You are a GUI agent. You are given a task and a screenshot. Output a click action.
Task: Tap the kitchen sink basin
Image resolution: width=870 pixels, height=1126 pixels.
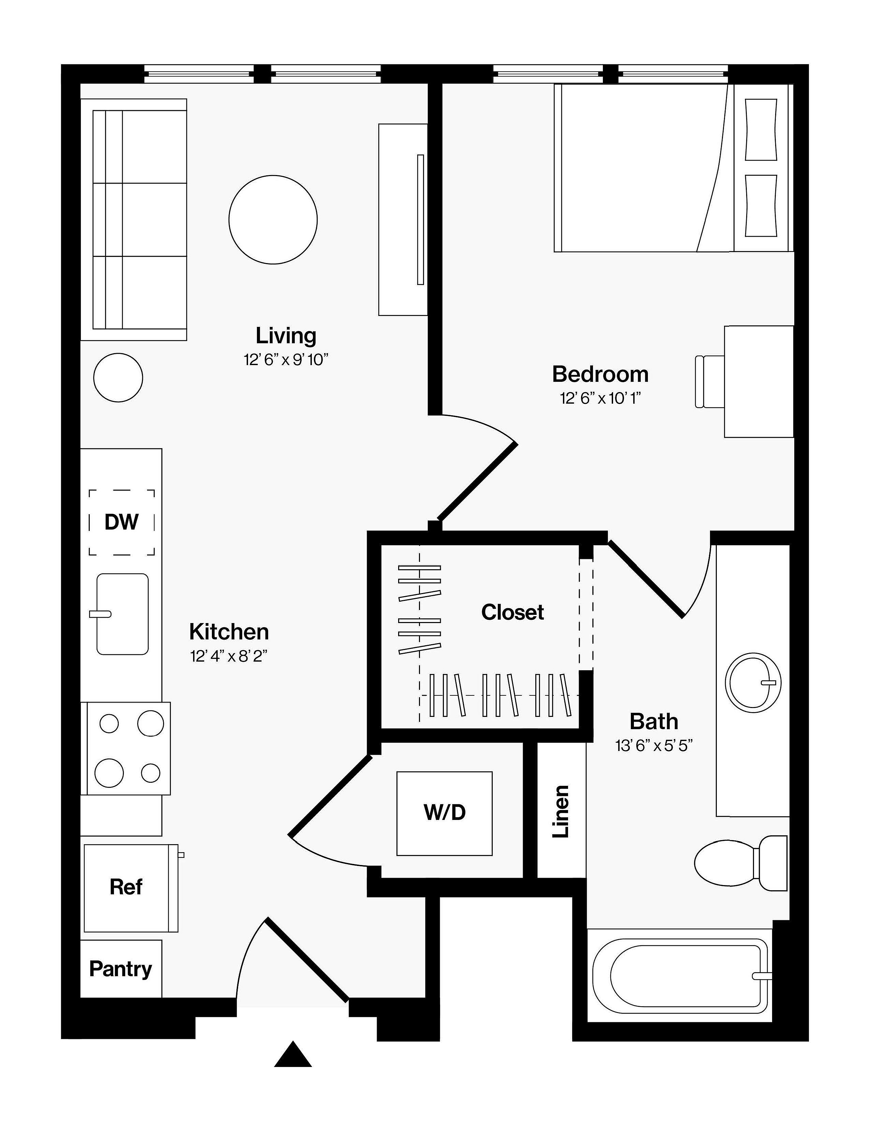coord(123,614)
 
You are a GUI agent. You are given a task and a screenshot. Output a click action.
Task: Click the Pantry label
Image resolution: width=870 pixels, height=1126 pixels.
coord(120,969)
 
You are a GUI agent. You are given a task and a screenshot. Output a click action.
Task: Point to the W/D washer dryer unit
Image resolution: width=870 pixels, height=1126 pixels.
coord(444,813)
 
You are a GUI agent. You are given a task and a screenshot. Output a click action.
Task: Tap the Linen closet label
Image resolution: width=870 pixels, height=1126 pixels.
coord(561,811)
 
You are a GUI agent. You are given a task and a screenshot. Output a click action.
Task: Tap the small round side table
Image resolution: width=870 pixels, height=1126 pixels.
coord(118,377)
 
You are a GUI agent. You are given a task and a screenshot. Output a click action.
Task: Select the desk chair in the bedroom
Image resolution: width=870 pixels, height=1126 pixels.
coord(710,381)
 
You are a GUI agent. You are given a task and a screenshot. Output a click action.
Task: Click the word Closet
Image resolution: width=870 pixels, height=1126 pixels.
coord(512,612)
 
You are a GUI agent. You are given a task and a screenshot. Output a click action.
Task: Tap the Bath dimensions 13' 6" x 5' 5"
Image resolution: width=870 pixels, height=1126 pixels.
coord(654,746)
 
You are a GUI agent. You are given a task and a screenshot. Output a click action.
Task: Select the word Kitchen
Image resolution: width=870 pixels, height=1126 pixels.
coord(229,632)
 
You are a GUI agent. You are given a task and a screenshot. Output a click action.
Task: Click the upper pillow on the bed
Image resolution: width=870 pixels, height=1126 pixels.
coord(761,129)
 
